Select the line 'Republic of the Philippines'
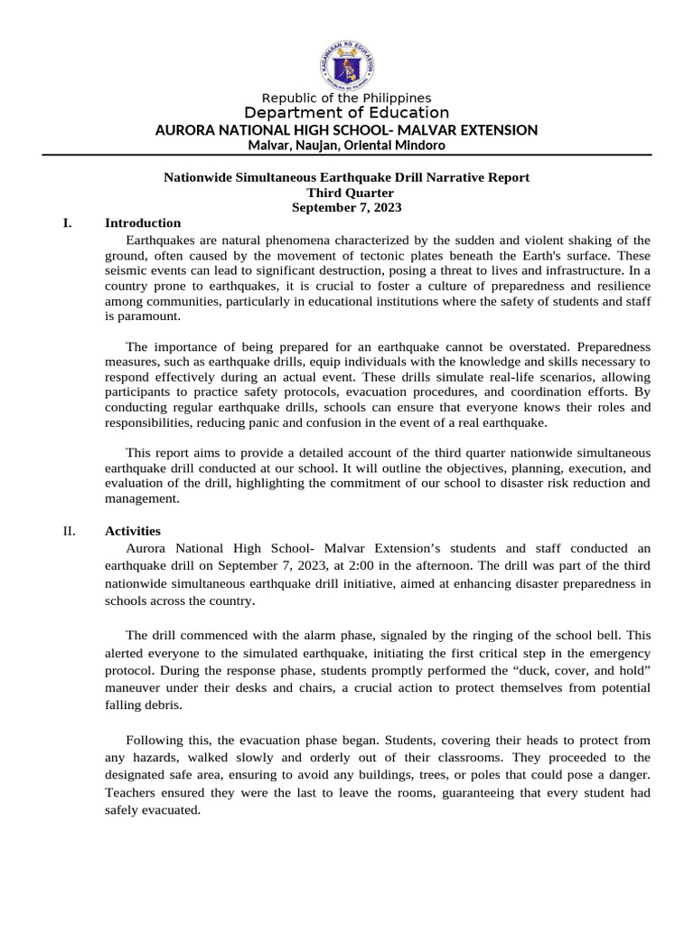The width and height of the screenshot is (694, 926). pyautogui.click(x=346, y=98)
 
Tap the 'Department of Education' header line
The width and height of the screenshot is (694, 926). pyautogui.click(x=346, y=113)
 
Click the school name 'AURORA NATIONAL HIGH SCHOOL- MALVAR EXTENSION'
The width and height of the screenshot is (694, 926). pyautogui.click(x=346, y=130)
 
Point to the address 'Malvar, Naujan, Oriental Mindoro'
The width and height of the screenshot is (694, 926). pyautogui.click(x=346, y=146)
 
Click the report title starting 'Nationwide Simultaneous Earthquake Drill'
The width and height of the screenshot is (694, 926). pyautogui.click(x=346, y=177)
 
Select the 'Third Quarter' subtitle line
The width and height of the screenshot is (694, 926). pyautogui.click(x=346, y=193)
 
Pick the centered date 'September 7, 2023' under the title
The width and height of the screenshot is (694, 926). pyautogui.click(x=346, y=207)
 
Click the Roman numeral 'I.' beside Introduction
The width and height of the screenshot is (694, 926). pyautogui.click(x=68, y=222)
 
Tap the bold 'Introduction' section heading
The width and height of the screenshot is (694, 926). pyautogui.click(x=143, y=222)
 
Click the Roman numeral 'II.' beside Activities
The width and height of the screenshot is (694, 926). pyautogui.click(x=69, y=531)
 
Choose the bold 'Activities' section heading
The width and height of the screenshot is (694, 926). pyautogui.click(x=133, y=531)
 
